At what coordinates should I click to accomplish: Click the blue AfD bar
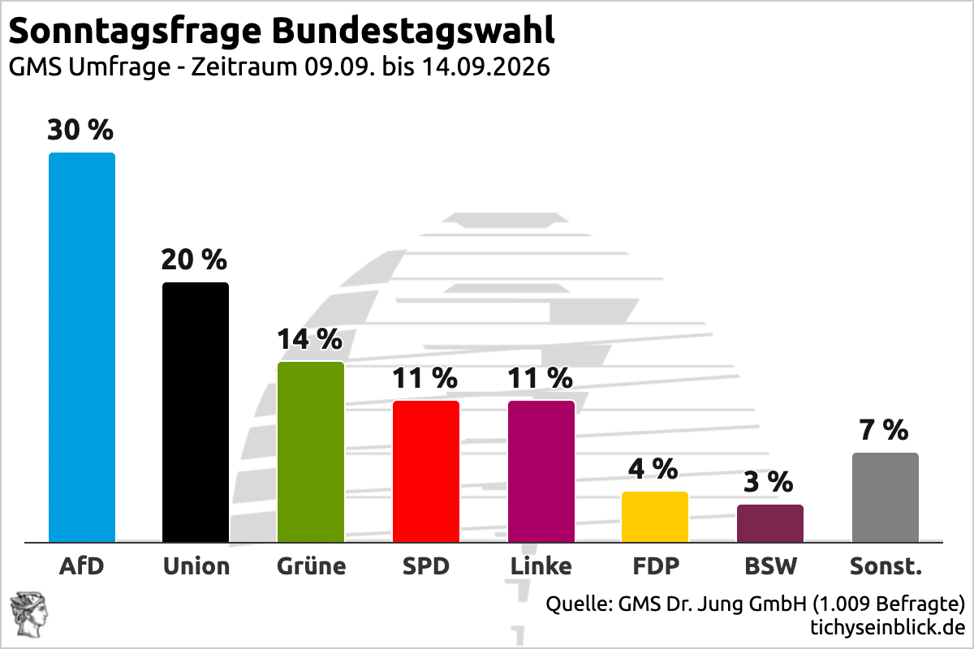click(82, 347)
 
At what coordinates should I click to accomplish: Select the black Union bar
click(196, 412)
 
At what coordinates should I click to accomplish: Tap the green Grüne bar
click(311, 452)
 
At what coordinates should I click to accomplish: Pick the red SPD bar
click(426, 471)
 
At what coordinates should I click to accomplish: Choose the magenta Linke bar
click(541, 471)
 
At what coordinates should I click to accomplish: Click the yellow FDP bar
click(655, 517)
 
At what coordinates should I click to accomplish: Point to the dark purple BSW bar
click(770, 523)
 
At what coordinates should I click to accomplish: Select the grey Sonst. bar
click(886, 497)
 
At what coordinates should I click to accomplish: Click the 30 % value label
click(80, 130)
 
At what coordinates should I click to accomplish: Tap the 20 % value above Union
click(194, 260)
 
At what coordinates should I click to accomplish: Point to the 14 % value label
click(309, 339)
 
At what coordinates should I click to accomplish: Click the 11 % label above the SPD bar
click(425, 378)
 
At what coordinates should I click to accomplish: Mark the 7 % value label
click(884, 430)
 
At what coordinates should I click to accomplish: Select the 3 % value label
click(769, 482)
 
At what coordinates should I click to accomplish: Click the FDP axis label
click(656, 566)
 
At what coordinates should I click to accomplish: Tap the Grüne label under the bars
click(312, 566)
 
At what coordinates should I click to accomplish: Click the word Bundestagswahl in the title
click(413, 31)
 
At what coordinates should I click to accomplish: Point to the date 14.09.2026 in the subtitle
click(486, 67)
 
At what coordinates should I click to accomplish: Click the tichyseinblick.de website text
click(887, 627)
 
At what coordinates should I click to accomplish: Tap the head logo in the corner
click(29, 615)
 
